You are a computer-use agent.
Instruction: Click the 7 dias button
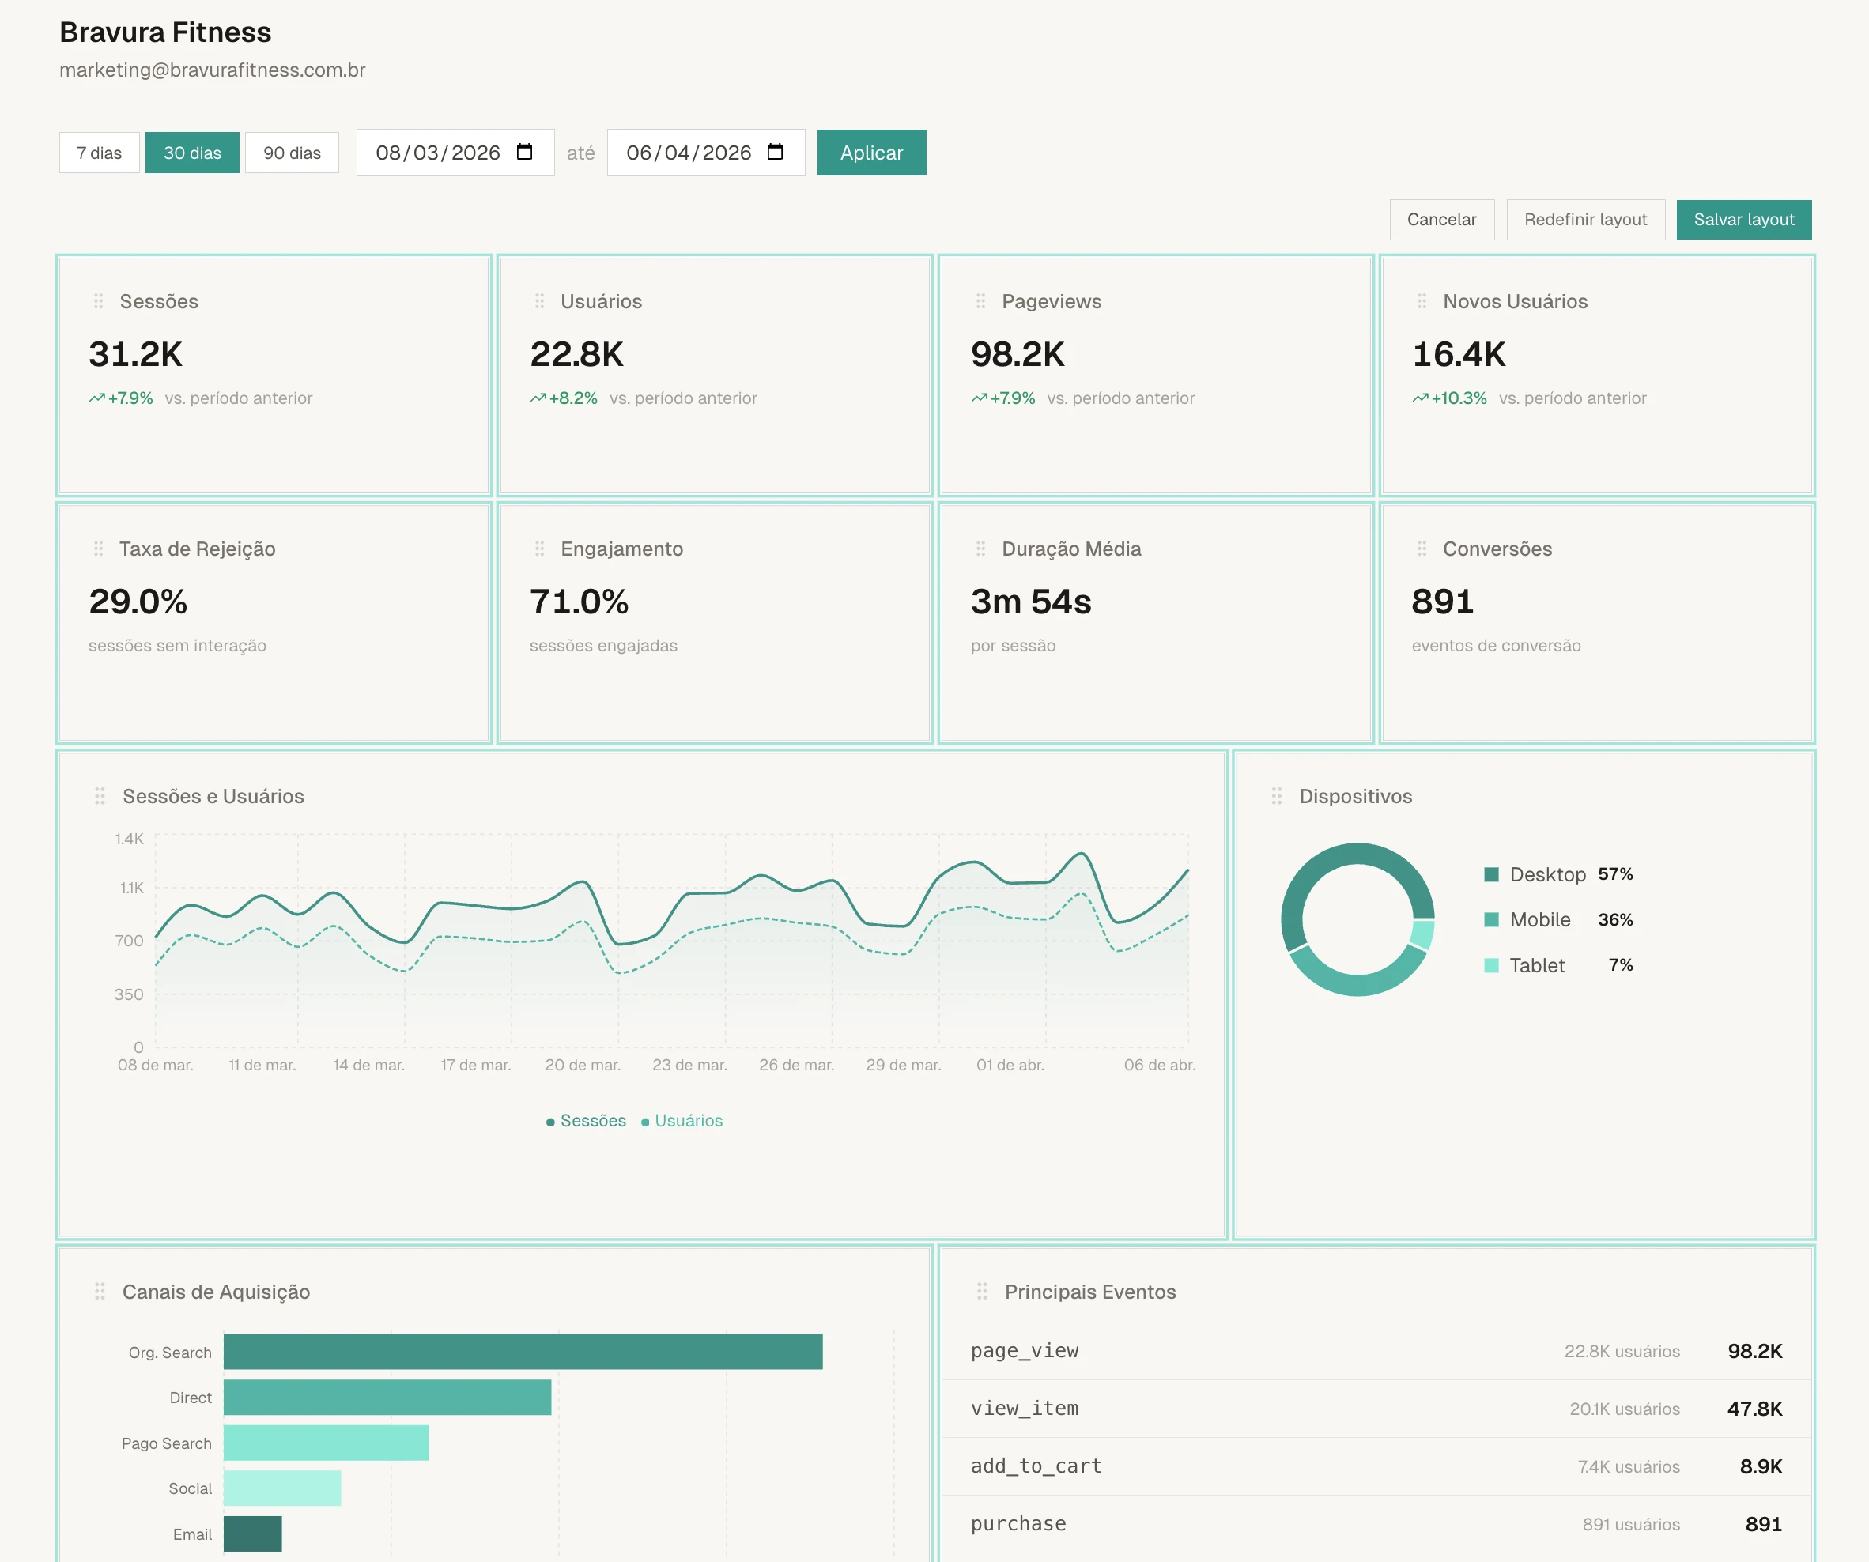pyautogui.click(x=99, y=153)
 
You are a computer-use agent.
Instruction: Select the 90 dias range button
pyautogui.click(x=292, y=153)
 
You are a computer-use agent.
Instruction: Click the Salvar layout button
pyautogui.click(x=1743, y=220)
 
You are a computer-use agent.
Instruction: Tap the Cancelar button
pyautogui.click(x=1441, y=220)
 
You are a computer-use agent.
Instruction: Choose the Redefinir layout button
pyautogui.click(x=1584, y=220)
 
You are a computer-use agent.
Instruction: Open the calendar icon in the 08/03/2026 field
pyautogui.click(x=524, y=153)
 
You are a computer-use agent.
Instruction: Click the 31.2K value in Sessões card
pyautogui.click(x=135, y=354)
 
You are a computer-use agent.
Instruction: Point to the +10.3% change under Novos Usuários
pyautogui.click(x=1458, y=398)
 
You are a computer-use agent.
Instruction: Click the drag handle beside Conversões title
pyautogui.click(x=1422, y=549)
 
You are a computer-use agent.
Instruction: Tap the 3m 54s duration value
pyautogui.click(x=1031, y=602)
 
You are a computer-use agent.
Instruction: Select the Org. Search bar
pyautogui.click(x=523, y=1352)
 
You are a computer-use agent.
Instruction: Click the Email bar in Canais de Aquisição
pyautogui.click(x=252, y=1534)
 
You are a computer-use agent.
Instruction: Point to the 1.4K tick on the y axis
pyautogui.click(x=129, y=839)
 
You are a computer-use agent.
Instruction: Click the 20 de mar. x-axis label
pyautogui.click(x=582, y=1066)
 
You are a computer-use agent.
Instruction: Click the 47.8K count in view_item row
pyautogui.click(x=1754, y=1409)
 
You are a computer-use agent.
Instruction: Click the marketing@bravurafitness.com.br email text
pyautogui.click(x=212, y=70)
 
